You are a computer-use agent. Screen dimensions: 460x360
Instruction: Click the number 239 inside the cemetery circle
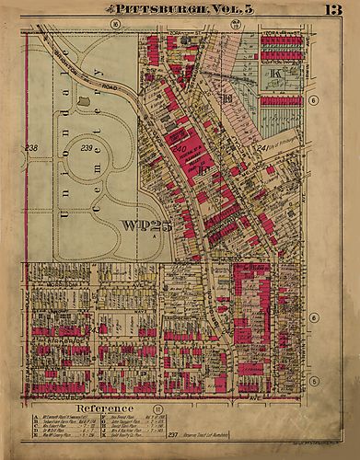tap(88, 147)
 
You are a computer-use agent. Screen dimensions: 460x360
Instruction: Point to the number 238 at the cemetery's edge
tap(30, 148)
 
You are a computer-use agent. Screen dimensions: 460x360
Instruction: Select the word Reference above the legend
tap(105, 406)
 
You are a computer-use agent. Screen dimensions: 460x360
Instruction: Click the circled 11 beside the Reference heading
tap(157, 407)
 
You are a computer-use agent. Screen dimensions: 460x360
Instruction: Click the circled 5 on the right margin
tap(313, 380)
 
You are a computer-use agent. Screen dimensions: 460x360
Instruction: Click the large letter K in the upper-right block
tap(273, 73)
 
